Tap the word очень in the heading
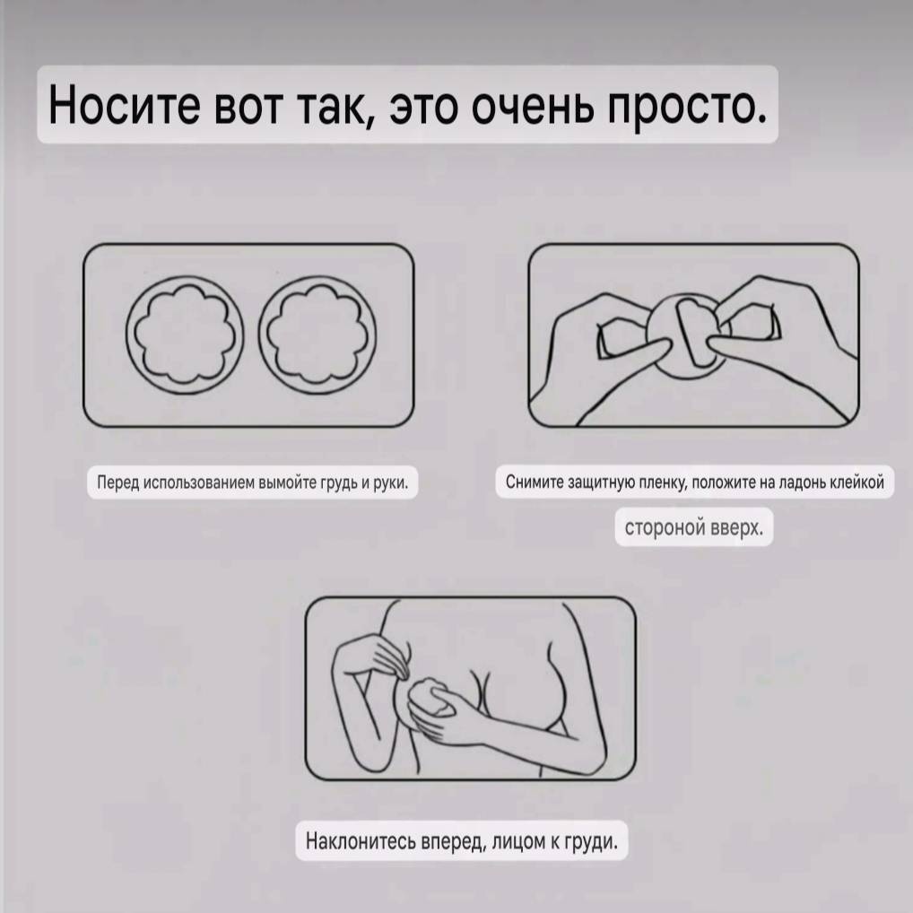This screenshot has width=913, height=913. pyautogui.click(x=533, y=105)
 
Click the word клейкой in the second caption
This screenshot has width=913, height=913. pyautogui.click(x=857, y=482)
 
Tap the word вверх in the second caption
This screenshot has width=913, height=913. pyautogui.click(x=736, y=527)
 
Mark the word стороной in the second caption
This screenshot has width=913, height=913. pyautogui.click(x=665, y=527)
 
